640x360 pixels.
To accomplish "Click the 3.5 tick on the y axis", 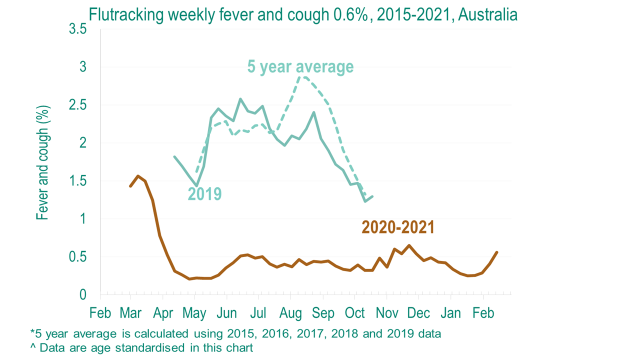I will coord(77,29).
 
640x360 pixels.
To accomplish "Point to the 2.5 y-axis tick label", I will coord(77,105).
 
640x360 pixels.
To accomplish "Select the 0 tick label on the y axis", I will coord(82,295).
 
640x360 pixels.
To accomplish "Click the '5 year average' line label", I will coord(300,67).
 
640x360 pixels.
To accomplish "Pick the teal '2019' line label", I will coord(204,193).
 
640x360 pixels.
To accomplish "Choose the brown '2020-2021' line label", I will coord(398,227).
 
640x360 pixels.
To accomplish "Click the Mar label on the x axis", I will coord(131,313).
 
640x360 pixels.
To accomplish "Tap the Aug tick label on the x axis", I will coord(290,313).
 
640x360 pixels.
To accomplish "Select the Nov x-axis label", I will coord(387,313).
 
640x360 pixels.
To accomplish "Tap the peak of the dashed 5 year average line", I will coord(303,76).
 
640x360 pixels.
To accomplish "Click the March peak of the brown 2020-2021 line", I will coord(138,176).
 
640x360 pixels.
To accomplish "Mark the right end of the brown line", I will coord(496,252).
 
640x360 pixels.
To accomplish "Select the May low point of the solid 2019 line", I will coord(197,186).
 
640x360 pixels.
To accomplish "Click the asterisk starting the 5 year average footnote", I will coord(32,332).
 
